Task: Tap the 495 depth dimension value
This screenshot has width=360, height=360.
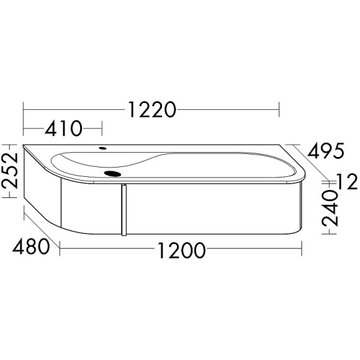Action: (324, 151)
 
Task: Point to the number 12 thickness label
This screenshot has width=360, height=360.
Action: (347, 182)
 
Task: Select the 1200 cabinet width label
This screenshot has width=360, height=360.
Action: (181, 251)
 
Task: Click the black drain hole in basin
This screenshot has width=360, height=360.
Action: (112, 174)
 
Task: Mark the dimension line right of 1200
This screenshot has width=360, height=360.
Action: (254, 251)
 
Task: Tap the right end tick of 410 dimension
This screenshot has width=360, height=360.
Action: (101, 129)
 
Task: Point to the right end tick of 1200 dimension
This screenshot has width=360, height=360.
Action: (302, 251)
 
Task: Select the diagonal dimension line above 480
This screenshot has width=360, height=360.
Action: (42, 230)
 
